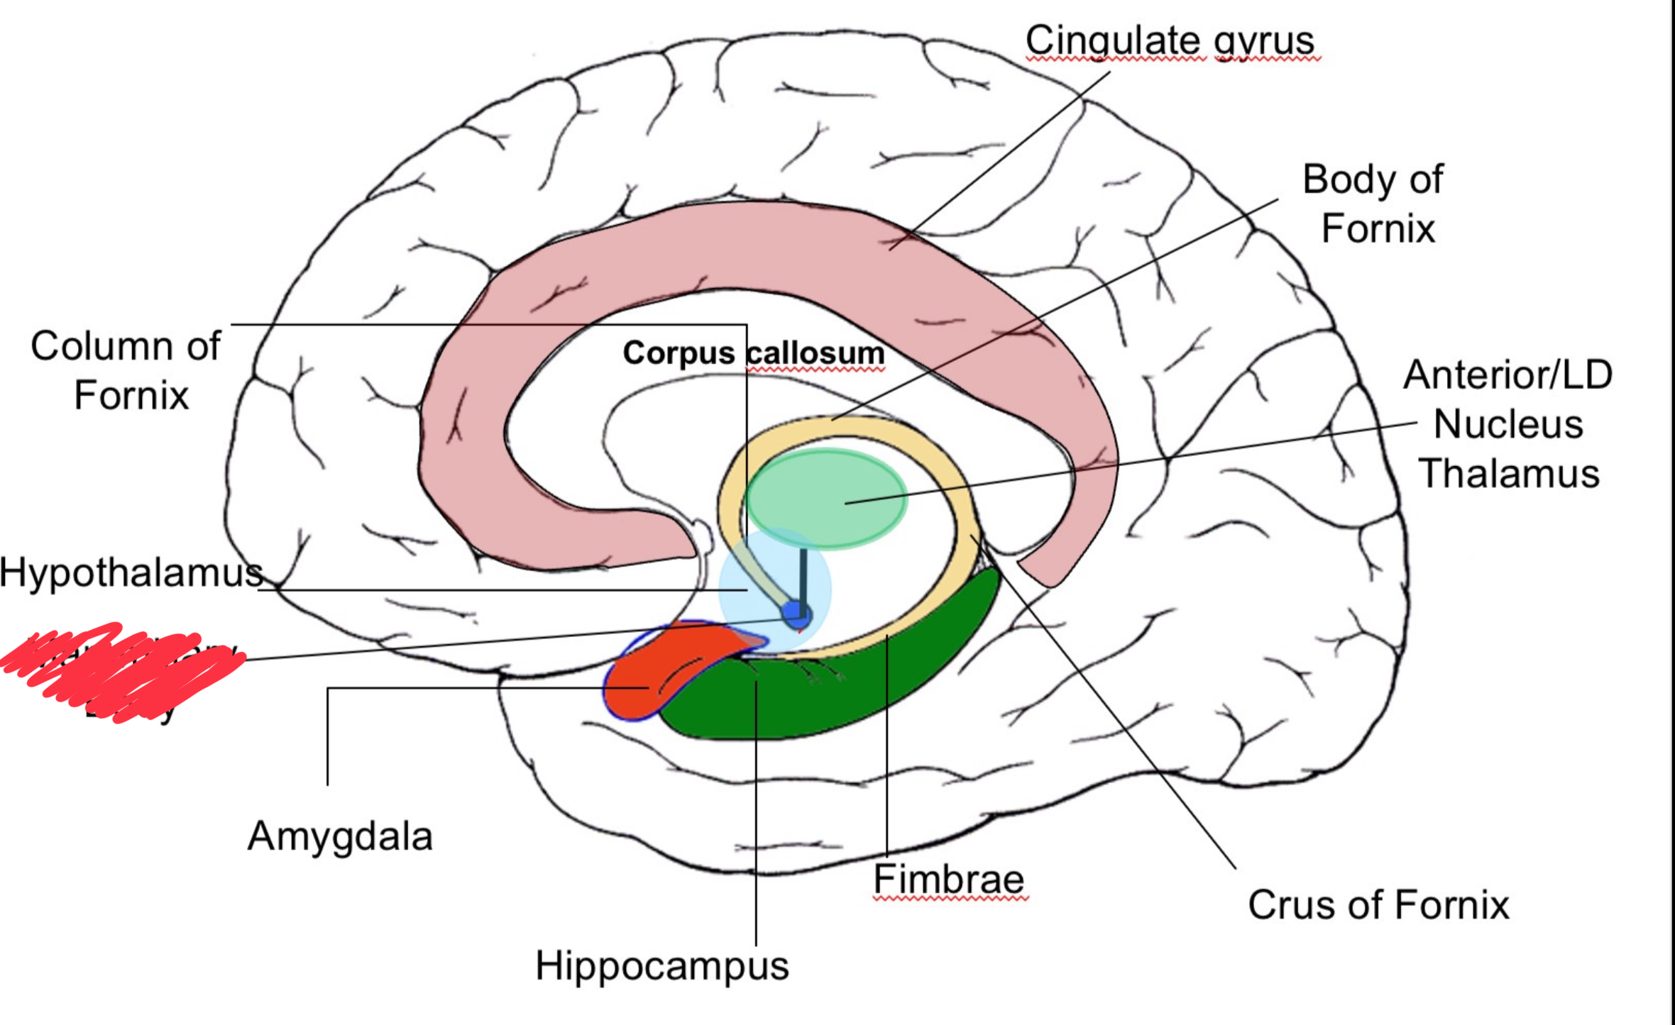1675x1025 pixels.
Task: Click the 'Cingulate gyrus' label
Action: (1171, 40)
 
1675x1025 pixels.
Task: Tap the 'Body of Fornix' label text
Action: (1374, 204)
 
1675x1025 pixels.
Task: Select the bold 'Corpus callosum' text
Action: (754, 353)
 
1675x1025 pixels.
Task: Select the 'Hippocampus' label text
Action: (661, 965)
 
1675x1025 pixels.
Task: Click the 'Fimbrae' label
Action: (949, 880)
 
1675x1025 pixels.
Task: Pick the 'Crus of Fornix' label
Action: (1378, 905)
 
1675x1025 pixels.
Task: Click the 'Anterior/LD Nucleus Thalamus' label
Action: (1509, 424)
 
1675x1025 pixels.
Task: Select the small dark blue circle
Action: (796, 615)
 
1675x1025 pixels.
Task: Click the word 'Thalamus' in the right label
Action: (1509, 474)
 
